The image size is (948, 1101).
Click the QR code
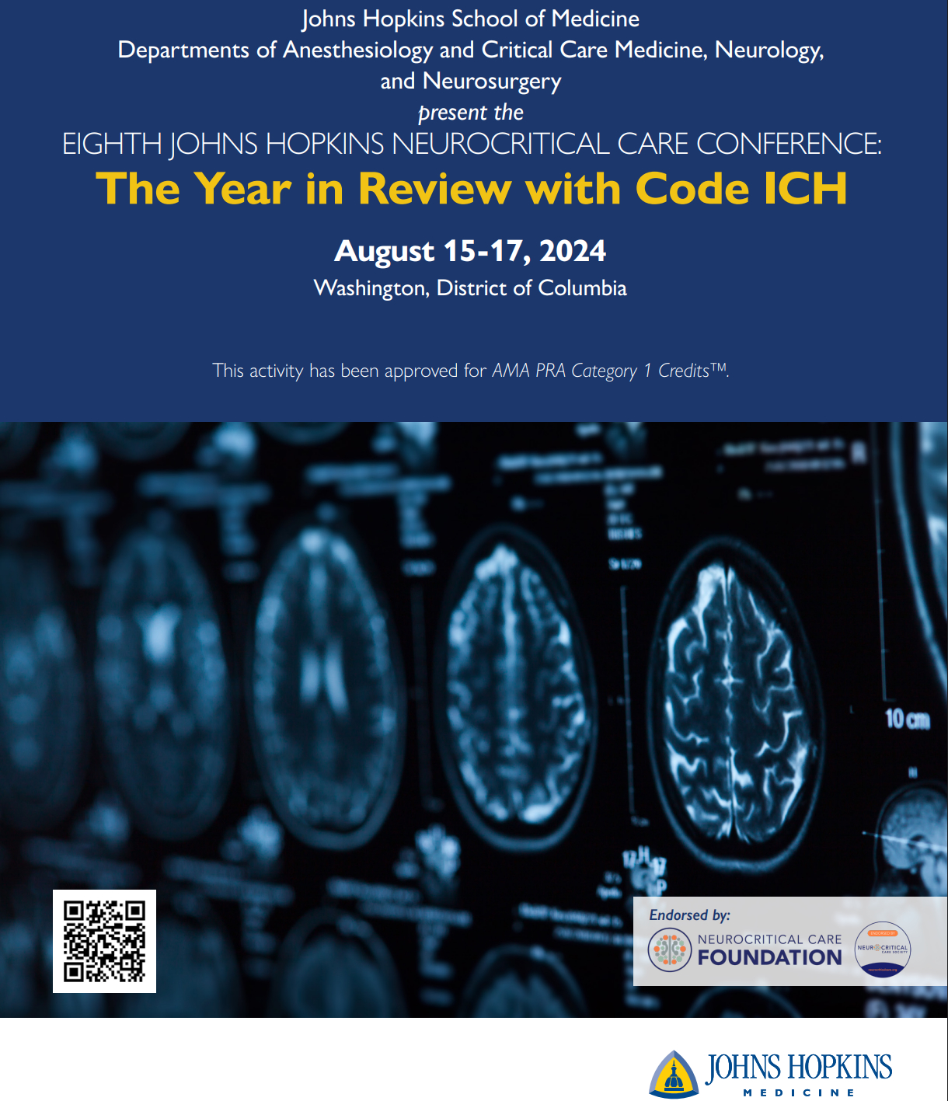[x=104, y=941]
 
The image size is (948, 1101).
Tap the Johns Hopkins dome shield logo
[x=674, y=1075]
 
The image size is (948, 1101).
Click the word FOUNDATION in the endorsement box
[x=769, y=957]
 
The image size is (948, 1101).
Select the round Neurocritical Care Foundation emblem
[x=669, y=949]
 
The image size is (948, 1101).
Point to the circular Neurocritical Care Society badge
[x=883, y=949]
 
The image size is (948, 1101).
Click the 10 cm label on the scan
[x=907, y=719]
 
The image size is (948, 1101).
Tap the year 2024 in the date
[x=573, y=251]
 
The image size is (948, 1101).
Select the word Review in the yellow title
[x=435, y=189]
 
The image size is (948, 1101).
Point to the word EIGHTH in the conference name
[x=112, y=145]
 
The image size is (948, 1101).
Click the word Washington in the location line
[x=371, y=288]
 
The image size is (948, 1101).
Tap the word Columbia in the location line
[x=582, y=288]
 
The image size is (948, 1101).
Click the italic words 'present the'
[x=471, y=113]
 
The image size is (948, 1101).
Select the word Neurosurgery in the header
[x=492, y=82]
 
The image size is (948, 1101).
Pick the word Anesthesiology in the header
[x=357, y=51]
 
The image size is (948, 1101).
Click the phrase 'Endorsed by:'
[x=689, y=915]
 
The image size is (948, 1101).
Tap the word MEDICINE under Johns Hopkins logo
[x=799, y=1092]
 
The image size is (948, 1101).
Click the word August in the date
[x=385, y=251]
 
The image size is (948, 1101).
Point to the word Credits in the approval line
[x=684, y=371]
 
